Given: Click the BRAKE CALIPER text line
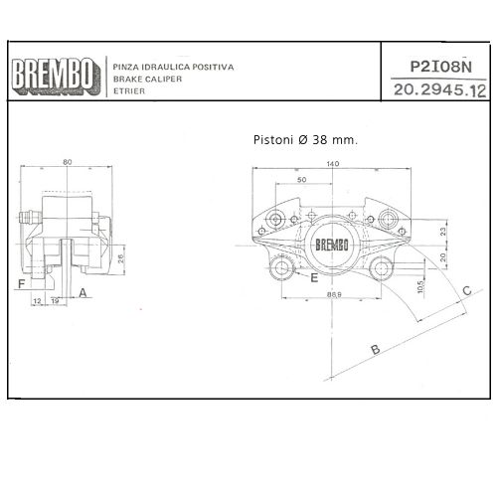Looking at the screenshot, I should pyautogui.click(x=144, y=78).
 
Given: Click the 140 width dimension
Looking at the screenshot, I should pyautogui.click(x=331, y=164).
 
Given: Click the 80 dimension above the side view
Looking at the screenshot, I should pyautogui.click(x=67, y=163).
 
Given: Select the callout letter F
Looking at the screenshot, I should pyautogui.click(x=21, y=284).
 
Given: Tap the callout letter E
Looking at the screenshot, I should pyautogui.click(x=314, y=279).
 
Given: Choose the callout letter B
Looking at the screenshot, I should pyautogui.click(x=375, y=350).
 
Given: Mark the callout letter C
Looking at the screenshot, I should pyautogui.click(x=467, y=291).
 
